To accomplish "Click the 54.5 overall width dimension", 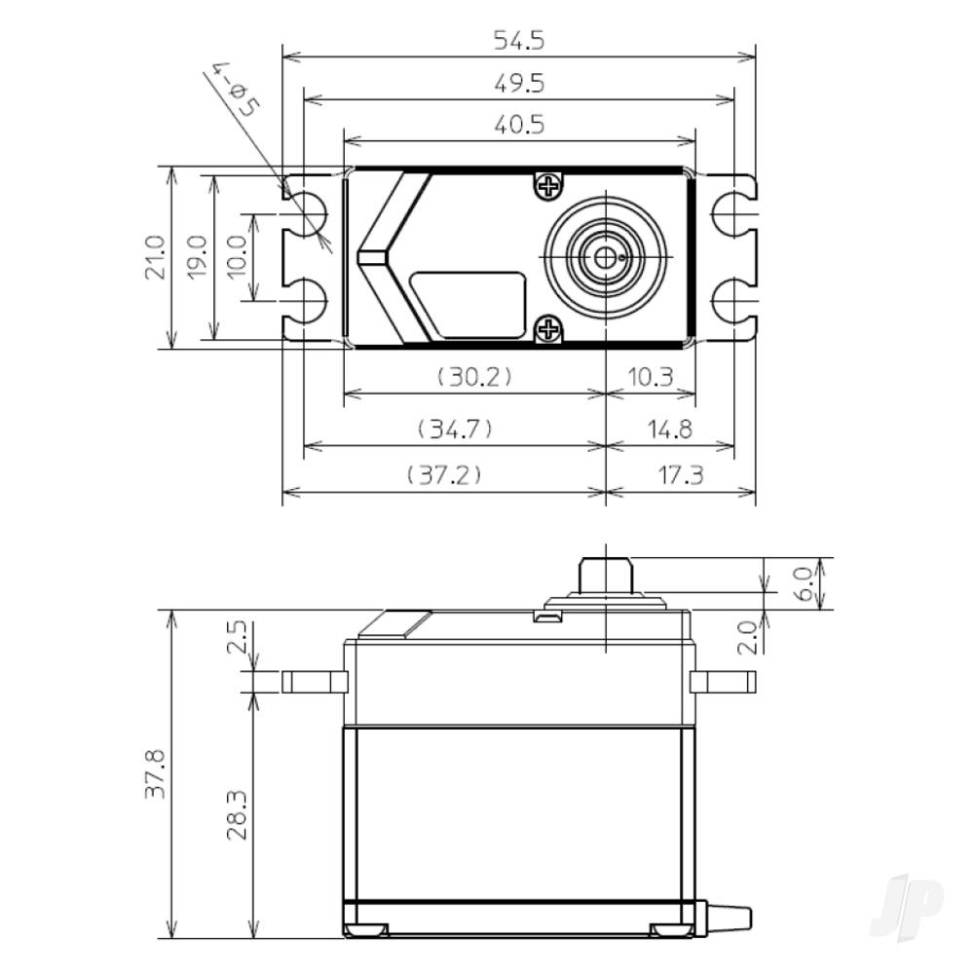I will click(x=518, y=41).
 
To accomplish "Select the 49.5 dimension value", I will click(x=518, y=84).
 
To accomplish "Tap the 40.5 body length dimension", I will click(x=518, y=125).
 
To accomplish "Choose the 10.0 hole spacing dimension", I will click(x=238, y=257).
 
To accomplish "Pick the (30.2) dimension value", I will click(x=474, y=376).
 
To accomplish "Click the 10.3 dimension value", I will click(x=651, y=376).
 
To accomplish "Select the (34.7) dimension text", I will click(x=454, y=428).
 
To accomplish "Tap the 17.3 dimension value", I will click(x=681, y=474).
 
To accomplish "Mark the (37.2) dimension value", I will click(x=443, y=474).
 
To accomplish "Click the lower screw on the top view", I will click(x=548, y=329).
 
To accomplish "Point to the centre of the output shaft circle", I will click(x=606, y=257).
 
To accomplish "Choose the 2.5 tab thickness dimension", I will click(x=238, y=642).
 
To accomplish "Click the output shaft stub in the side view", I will click(x=605, y=576).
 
